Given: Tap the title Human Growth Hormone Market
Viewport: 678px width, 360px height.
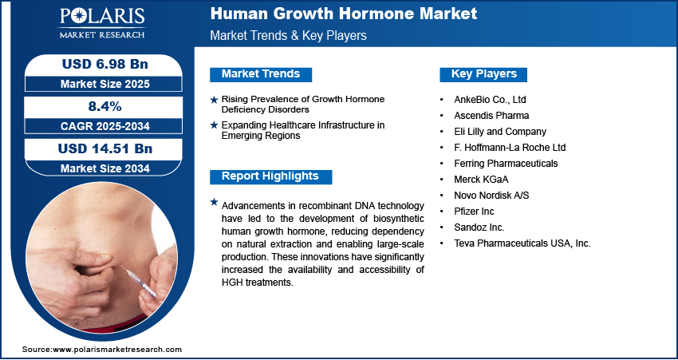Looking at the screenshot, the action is coord(344,14).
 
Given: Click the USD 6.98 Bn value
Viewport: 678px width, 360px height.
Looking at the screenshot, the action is coord(105,64).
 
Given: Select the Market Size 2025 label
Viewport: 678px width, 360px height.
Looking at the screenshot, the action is coord(105,84).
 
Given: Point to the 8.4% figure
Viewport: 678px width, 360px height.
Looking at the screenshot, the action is coord(105,106).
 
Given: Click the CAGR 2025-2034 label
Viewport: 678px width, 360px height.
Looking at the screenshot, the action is coord(105,126).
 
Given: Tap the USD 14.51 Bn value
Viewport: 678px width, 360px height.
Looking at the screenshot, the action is coord(105,148).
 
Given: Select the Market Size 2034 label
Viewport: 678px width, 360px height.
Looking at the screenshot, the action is coord(105,168).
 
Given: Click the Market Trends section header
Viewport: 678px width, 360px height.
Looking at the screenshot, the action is coord(261,74).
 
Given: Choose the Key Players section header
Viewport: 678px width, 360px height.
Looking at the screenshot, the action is coord(483,74).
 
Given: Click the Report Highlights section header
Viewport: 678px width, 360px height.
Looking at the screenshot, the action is coord(270,176).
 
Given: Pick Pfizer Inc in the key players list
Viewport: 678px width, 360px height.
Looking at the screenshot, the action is coord(474,212).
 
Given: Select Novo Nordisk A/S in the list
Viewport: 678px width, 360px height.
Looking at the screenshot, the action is coord(491,196).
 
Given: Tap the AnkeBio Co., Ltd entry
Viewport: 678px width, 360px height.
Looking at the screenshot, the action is coord(490,100).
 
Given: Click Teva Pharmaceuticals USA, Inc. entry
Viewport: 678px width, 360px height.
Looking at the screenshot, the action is coord(522,243).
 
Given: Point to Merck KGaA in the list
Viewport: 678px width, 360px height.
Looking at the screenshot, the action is coord(475,180).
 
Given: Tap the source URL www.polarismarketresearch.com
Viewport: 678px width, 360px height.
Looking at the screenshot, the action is coord(117,350).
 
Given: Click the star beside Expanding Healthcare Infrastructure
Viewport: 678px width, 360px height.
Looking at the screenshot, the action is coord(214,125).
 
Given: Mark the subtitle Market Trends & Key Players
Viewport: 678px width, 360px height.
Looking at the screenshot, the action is coord(288,35).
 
